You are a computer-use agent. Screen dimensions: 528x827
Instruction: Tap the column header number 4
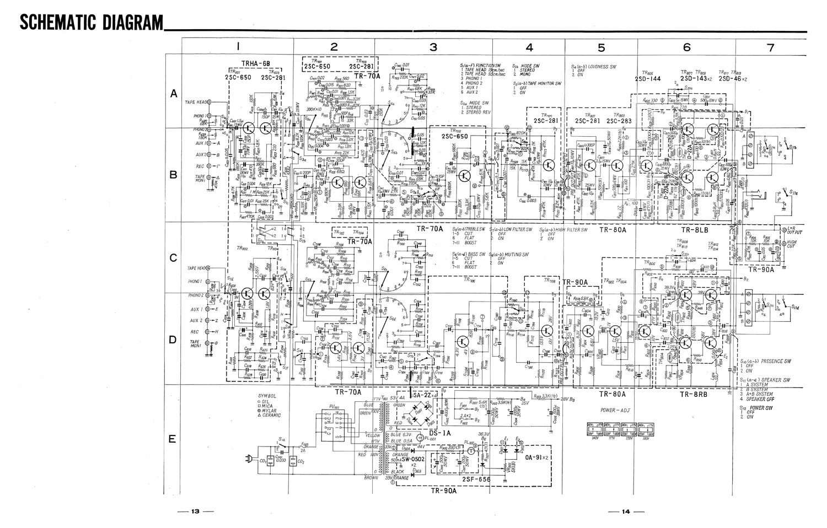[x=529, y=47]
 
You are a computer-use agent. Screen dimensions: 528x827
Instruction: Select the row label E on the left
[x=173, y=439]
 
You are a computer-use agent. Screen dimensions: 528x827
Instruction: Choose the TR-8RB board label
[x=694, y=394]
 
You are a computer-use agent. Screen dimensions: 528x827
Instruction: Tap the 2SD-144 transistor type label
[x=648, y=79]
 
